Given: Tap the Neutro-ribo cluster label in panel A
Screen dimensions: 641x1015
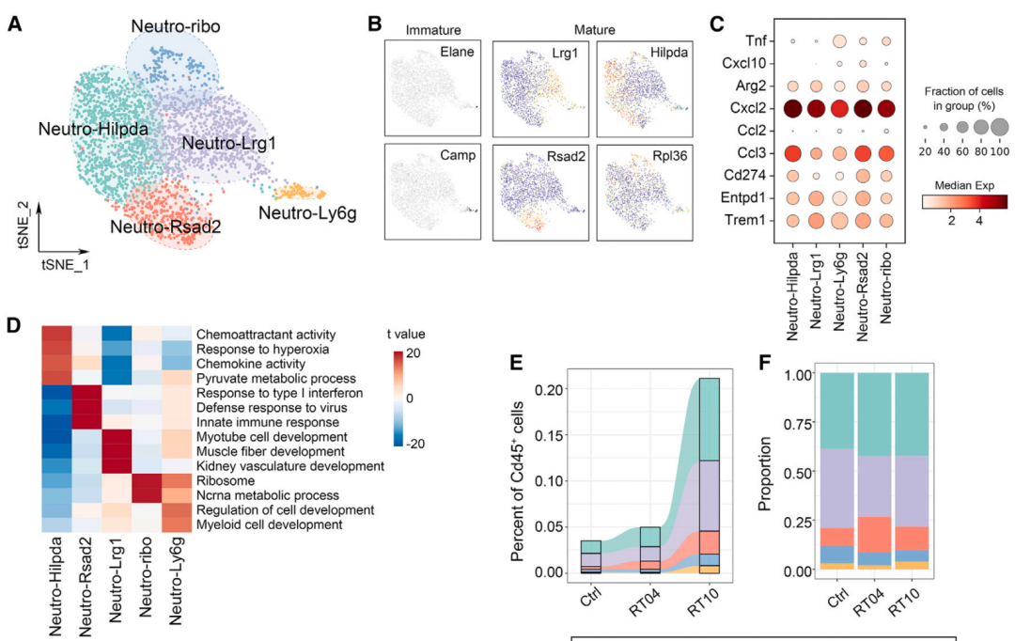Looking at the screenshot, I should [x=176, y=27].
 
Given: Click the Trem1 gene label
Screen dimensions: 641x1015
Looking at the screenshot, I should [x=749, y=221].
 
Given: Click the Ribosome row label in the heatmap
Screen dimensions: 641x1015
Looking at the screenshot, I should [x=227, y=480].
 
